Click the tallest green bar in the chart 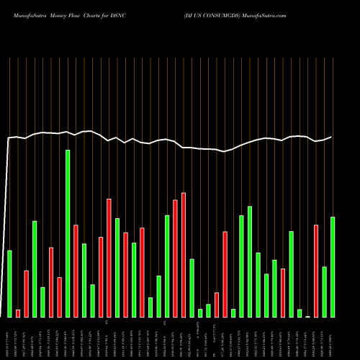point(68,233)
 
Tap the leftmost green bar point(9,283)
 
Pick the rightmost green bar point(333,266)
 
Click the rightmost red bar point(316,271)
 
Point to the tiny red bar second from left point(18,313)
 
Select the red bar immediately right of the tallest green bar point(76,271)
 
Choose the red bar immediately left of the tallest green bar point(59,297)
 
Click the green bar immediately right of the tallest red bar point(192,288)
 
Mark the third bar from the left point(26,293)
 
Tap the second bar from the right point(324,292)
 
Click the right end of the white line point(332,137)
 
